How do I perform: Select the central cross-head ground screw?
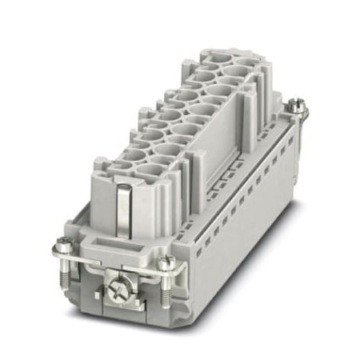coord(117,282)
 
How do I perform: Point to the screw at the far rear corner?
coord(296,104)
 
